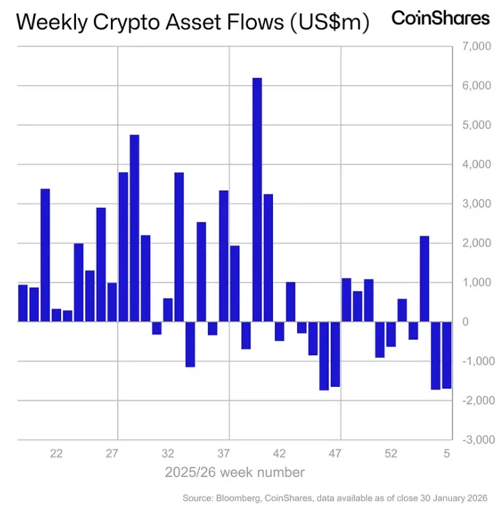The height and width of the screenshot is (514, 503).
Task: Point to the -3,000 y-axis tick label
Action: [475, 439]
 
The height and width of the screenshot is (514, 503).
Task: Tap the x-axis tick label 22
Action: [56, 453]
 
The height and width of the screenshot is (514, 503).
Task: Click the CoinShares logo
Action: [440, 18]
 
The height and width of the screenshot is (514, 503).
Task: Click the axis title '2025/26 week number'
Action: [235, 472]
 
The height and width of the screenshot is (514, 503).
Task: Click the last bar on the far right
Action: [447, 355]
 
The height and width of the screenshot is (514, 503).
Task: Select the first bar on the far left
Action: [23, 303]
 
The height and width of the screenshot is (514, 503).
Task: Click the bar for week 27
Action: [112, 302]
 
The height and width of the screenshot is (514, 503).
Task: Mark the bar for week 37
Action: [224, 256]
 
